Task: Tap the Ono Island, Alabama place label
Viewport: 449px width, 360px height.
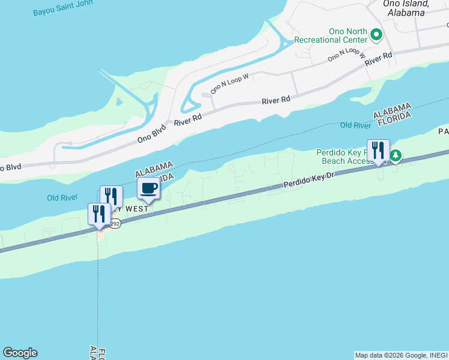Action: pos(406,7)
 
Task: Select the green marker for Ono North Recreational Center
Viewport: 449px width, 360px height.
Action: pos(376,35)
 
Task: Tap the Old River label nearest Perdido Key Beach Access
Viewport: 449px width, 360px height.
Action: pos(355,125)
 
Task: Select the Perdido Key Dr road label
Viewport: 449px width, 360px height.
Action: pos(309,182)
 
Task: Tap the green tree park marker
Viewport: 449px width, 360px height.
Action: pos(396,157)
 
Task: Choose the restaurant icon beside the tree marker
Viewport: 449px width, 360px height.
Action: pos(378,150)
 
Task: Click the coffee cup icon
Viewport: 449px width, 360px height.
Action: pos(149,188)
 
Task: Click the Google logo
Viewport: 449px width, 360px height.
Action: pos(20,353)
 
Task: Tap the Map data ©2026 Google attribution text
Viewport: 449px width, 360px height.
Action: pos(401,355)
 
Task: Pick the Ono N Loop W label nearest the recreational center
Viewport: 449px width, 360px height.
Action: pos(346,55)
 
